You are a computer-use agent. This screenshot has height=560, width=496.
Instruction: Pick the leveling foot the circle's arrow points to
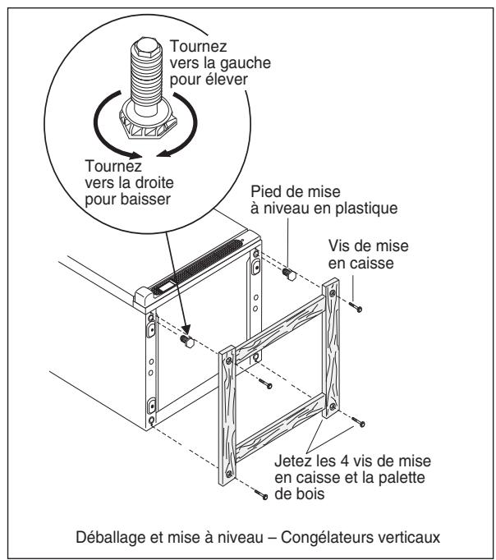pos(185,340)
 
